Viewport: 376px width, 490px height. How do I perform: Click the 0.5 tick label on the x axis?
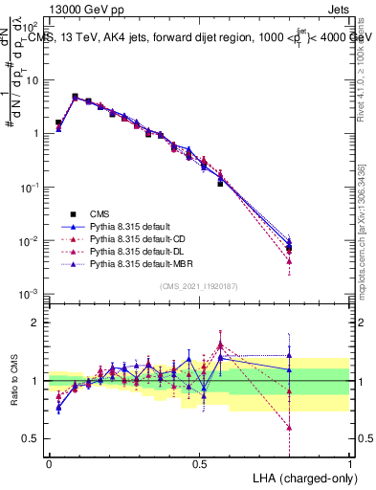point(199,462)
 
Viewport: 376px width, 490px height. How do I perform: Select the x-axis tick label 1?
point(350,462)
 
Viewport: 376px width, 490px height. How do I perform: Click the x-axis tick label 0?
point(49,462)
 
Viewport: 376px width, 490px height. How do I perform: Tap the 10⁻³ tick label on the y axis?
point(30,293)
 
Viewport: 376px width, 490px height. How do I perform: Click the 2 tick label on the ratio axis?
point(35,323)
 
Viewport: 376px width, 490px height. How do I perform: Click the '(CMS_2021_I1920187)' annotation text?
point(199,285)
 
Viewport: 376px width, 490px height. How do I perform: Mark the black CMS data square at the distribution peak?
point(75,97)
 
